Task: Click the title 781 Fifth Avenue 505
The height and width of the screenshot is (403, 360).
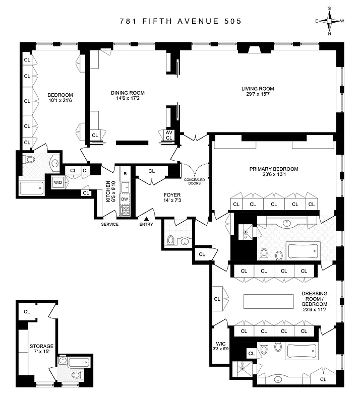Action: [x=180, y=21]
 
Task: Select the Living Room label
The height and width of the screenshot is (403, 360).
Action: [x=260, y=89]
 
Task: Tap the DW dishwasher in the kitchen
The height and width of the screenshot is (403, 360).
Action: [x=125, y=199]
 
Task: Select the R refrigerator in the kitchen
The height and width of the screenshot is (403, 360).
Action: [x=125, y=174]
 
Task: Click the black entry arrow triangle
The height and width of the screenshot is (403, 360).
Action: [x=147, y=218]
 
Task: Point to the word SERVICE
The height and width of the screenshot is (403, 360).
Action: [x=110, y=224]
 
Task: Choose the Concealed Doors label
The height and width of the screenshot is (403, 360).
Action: [x=194, y=181]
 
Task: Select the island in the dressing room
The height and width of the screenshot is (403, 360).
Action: [x=268, y=301]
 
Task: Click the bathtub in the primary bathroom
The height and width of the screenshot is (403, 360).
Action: [x=303, y=250]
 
